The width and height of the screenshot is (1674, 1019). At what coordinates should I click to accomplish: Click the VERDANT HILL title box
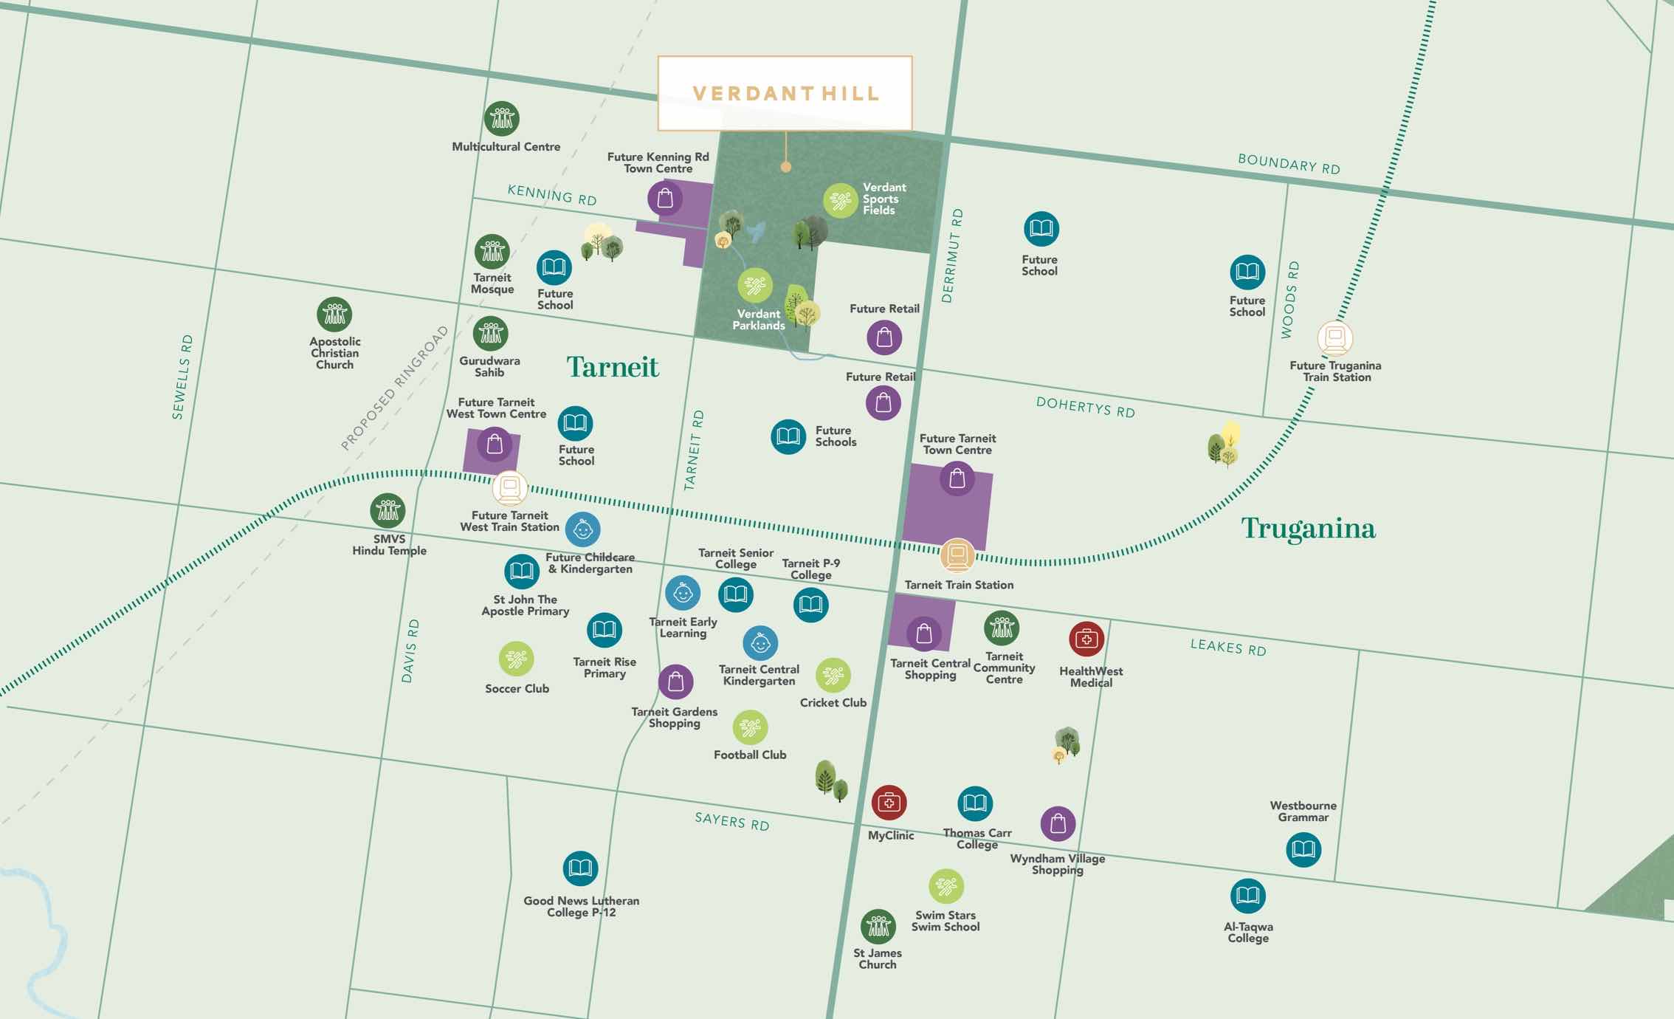(x=785, y=94)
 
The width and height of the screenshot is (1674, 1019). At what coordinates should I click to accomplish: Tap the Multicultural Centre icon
(x=502, y=119)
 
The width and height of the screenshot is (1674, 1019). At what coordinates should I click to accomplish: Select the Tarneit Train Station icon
(x=957, y=555)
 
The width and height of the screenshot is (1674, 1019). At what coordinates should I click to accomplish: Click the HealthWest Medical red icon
(x=1086, y=639)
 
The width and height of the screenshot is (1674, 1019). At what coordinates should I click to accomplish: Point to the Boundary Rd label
(x=1289, y=164)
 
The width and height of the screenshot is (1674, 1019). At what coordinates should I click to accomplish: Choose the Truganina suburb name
(x=1308, y=529)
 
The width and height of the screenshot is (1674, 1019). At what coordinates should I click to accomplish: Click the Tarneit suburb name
(x=613, y=367)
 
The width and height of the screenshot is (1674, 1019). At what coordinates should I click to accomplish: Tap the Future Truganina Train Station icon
(x=1334, y=339)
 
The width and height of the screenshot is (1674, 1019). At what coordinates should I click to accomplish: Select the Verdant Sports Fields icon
(x=841, y=201)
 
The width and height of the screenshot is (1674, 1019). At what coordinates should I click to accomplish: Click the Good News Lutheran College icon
(x=580, y=868)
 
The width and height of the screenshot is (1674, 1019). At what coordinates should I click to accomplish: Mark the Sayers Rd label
(x=731, y=821)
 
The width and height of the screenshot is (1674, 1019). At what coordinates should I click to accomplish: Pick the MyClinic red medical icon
(x=889, y=803)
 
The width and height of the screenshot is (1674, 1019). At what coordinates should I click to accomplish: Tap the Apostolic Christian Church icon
(x=334, y=315)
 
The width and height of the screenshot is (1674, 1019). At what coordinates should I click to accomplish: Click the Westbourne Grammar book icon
(x=1303, y=850)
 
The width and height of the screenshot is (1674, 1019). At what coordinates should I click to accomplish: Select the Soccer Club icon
(x=516, y=659)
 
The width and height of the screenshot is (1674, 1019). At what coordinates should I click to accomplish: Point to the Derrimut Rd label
(x=952, y=255)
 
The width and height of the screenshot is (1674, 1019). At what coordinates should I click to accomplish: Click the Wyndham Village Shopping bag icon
(x=1058, y=823)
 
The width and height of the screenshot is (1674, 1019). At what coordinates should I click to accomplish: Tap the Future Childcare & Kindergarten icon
(x=583, y=529)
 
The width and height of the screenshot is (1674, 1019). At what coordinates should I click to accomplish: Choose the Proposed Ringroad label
(x=394, y=388)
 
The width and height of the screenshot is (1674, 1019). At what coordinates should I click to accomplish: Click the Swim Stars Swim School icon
(x=946, y=886)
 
